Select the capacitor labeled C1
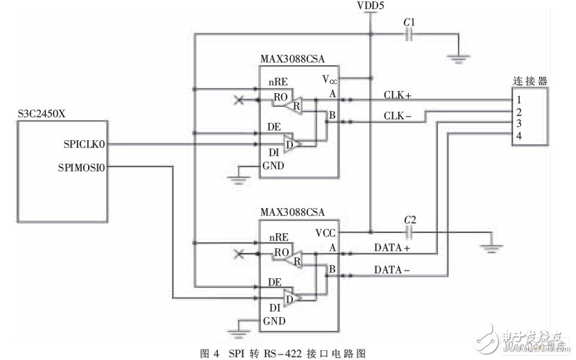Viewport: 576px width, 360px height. point(410,34)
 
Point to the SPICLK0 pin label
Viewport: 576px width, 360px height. point(85,144)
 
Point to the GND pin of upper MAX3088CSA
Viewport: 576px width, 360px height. point(273,166)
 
